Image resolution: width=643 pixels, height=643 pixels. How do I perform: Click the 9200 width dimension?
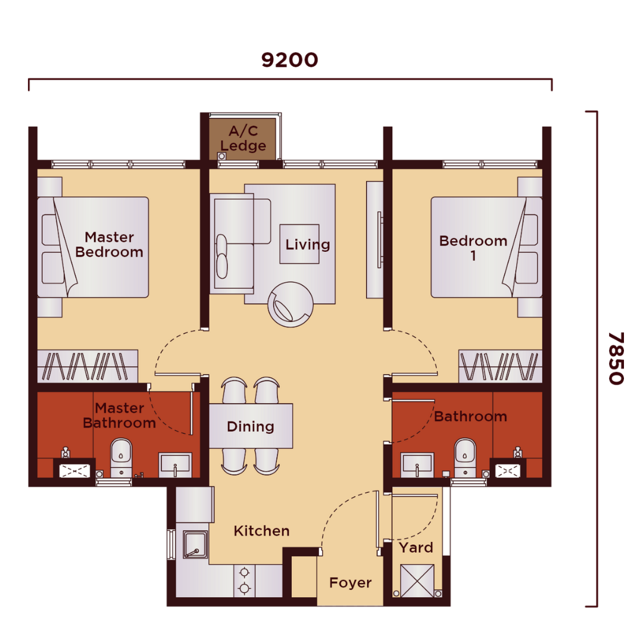click(289, 60)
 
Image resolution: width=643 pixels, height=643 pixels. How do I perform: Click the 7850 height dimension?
click(616, 358)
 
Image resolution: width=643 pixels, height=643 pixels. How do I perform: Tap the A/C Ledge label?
click(243, 138)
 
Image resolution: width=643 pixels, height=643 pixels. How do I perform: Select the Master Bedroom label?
click(109, 245)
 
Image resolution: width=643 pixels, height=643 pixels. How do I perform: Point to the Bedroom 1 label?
click(473, 248)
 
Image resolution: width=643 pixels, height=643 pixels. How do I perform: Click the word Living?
click(308, 245)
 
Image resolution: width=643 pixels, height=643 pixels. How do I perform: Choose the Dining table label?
click(251, 426)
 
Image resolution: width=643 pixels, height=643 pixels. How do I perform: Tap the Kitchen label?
click(261, 531)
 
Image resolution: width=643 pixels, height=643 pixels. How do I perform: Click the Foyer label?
click(351, 583)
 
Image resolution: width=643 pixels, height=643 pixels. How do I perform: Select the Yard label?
click(416, 548)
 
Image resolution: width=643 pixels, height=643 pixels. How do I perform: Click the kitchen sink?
click(195, 545)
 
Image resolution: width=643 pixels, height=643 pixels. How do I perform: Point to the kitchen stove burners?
click(245, 580)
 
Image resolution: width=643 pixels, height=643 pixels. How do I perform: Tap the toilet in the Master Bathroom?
click(121, 457)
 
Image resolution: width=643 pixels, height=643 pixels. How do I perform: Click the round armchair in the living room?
click(291, 304)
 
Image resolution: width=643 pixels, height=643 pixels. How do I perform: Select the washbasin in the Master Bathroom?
click(175, 464)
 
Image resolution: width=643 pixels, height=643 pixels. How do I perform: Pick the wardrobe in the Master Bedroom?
click(88, 366)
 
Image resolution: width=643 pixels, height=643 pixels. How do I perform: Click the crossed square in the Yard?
click(417, 580)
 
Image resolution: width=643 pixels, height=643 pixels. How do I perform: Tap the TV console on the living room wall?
click(374, 239)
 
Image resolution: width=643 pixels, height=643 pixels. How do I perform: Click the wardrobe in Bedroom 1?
click(500, 366)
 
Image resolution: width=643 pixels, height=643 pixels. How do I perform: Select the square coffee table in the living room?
click(299, 244)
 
